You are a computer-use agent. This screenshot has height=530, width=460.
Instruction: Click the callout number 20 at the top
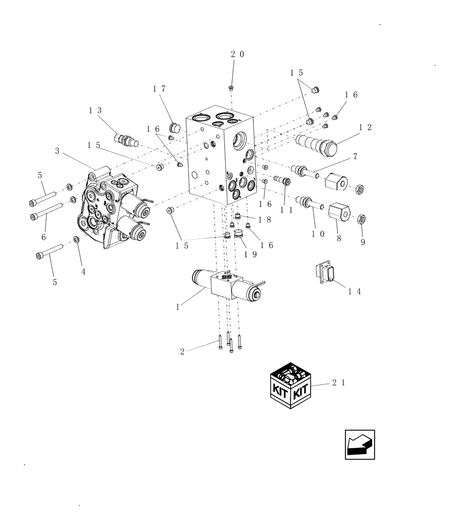(x=237, y=54)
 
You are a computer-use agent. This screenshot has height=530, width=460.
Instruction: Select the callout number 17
(x=159, y=89)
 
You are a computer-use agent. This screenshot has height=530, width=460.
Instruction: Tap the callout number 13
(x=95, y=110)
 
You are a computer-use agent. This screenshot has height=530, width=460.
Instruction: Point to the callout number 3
(x=57, y=151)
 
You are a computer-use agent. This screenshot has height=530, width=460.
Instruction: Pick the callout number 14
(x=355, y=291)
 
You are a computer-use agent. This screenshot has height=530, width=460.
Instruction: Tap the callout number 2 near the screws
(x=183, y=351)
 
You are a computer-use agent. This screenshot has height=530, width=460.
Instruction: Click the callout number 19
(x=251, y=254)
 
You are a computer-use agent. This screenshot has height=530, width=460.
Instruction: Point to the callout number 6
(x=43, y=236)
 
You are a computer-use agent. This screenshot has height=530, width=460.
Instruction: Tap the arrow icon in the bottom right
(x=360, y=444)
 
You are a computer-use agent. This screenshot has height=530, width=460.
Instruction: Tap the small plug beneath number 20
(x=232, y=87)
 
